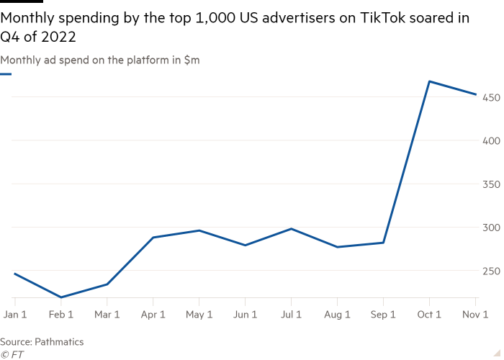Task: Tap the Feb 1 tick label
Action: pyautogui.click(x=60, y=315)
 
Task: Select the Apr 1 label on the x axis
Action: pyautogui.click(x=153, y=315)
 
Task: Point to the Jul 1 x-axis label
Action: pyautogui.click(x=291, y=315)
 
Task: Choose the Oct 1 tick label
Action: pyautogui.click(x=429, y=315)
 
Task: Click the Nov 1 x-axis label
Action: pyautogui.click(x=475, y=315)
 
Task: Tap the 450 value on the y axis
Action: pyautogui.click(x=490, y=97)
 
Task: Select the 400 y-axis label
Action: pyautogui.click(x=490, y=140)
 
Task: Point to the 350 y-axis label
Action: pyautogui.click(x=490, y=184)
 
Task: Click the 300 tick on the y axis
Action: pyautogui.click(x=490, y=228)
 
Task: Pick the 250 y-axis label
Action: pyautogui.click(x=490, y=271)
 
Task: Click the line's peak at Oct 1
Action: pyautogui.click(x=429, y=81)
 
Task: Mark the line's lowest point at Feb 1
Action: pyautogui.click(x=61, y=297)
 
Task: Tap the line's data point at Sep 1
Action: pyautogui.click(x=383, y=243)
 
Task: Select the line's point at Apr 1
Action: pyautogui.click(x=153, y=237)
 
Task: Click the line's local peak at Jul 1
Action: pyautogui.click(x=291, y=228)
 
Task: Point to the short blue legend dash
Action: pyautogui.click(x=6, y=74)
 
